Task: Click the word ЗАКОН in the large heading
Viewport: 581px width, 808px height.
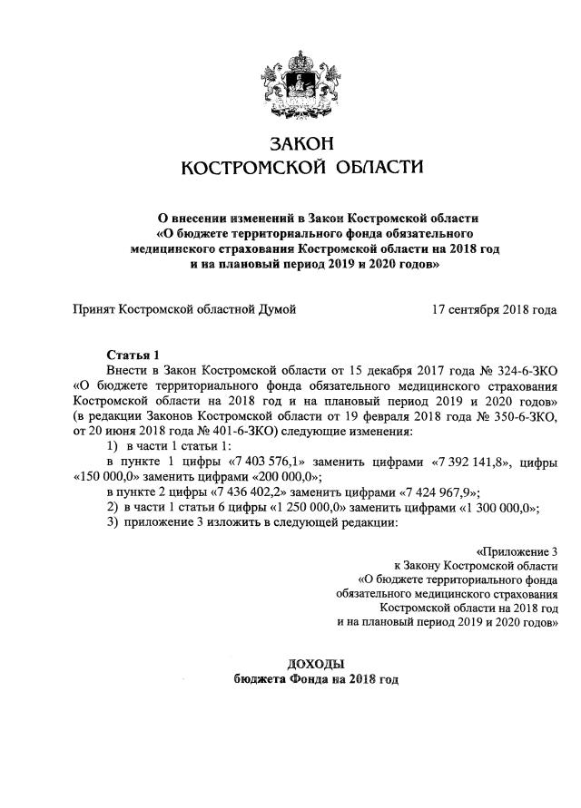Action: [290, 142]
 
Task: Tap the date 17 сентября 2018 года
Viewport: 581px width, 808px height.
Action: [495, 310]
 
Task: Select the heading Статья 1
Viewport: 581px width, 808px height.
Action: [133, 355]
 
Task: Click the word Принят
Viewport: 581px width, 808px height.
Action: [94, 310]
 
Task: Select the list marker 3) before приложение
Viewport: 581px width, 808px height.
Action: [113, 523]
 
